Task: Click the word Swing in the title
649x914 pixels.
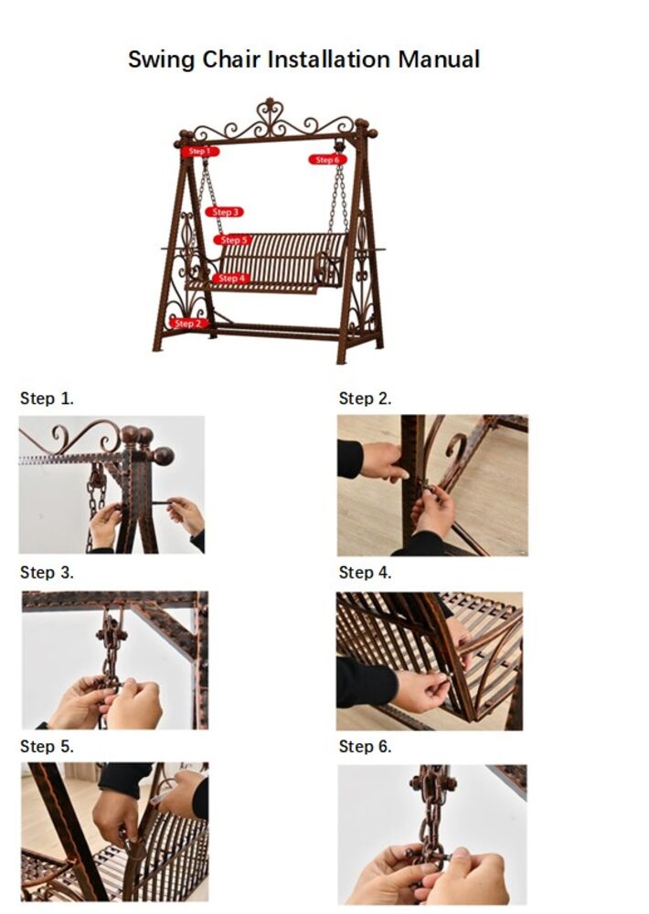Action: point(162,60)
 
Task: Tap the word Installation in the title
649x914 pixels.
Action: point(328,59)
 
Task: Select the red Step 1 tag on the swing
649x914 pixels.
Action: point(199,152)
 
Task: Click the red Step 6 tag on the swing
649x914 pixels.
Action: point(328,160)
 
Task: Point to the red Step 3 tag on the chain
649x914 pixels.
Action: point(225,212)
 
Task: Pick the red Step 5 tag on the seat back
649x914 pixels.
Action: point(233,240)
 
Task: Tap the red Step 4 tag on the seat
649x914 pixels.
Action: point(231,279)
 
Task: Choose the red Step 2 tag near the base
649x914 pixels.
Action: point(188,324)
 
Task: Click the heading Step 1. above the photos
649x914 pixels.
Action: point(47,399)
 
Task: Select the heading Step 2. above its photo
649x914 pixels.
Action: point(365,399)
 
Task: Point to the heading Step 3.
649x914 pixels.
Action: point(47,573)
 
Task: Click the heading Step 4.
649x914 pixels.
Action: point(365,573)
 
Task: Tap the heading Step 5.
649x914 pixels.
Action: point(47,747)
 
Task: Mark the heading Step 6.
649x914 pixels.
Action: point(365,747)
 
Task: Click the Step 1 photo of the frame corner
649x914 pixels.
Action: point(112,484)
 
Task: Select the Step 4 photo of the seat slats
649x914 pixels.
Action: point(430,661)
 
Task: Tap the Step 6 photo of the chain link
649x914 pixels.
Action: point(432,834)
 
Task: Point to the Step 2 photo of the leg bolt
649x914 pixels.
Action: point(432,485)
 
